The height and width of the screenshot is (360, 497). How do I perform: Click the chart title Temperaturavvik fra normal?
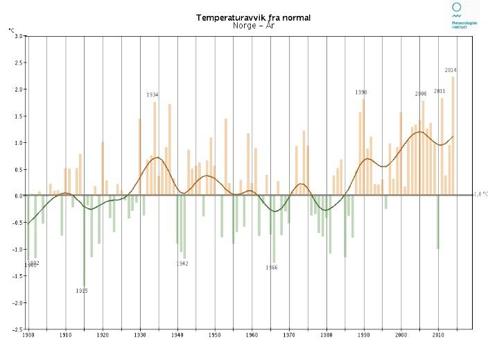click(253, 17)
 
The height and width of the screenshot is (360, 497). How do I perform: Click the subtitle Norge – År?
click(253, 26)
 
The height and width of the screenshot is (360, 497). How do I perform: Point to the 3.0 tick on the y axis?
click(18, 36)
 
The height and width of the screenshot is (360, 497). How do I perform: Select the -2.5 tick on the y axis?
click(17, 329)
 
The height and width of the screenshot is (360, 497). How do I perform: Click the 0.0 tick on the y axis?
click(18, 196)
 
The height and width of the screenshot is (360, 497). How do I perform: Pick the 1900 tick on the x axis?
click(28, 336)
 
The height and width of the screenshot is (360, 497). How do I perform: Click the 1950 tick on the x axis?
click(215, 336)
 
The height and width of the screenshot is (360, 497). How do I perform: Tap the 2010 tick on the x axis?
click(438, 336)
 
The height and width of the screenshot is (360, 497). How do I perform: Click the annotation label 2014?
click(451, 70)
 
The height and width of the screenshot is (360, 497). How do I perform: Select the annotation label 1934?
click(152, 95)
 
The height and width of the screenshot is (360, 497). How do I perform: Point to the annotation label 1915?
click(82, 291)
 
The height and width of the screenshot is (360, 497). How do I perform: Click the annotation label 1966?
click(272, 268)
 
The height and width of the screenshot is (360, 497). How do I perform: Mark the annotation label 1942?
click(182, 264)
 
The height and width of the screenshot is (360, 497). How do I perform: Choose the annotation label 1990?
click(361, 92)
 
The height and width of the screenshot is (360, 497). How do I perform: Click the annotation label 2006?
click(421, 94)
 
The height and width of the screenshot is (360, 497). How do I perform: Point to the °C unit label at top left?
click(11, 30)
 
